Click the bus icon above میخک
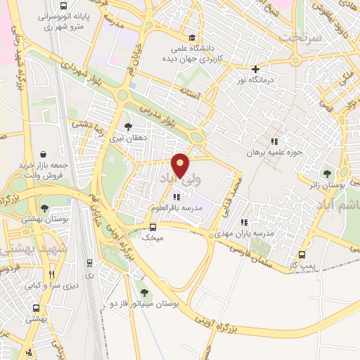(153, 227)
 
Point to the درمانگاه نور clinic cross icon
(255, 69)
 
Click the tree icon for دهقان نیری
(127, 127)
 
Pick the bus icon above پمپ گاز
(302, 255)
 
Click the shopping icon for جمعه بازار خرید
(44, 153)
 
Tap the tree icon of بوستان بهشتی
(44, 208)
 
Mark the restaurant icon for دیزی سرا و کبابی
(51, 275)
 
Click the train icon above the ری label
(89, 262)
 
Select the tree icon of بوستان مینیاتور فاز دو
(144, 292)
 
